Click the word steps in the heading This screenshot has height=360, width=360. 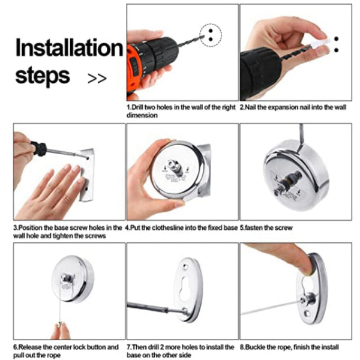(x=43, y=76)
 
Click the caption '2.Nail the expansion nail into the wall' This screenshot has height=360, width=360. (x=293, y=108)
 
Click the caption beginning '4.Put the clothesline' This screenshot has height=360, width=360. (x=182, y=228)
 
